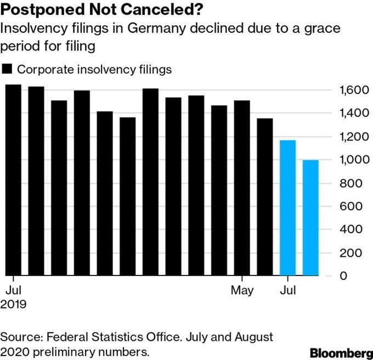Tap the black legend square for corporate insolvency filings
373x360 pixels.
[8, 70]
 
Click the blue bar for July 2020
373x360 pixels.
[287, 208]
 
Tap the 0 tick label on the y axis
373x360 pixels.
[343, 276]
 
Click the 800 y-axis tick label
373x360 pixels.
[349, 183]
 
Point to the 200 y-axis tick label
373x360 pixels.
[349, 253]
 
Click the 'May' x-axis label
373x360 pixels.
[242, 290]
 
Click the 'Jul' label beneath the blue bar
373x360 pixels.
[287, 290]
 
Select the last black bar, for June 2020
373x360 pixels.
[264, 197]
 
